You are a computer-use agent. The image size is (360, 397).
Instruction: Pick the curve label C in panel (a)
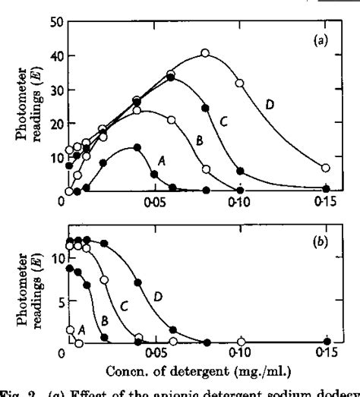[x=225, y=118]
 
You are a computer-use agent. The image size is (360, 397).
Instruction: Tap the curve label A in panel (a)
[x=161, y=161]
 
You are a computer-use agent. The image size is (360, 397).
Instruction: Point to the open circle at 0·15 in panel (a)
[x=326, y=168]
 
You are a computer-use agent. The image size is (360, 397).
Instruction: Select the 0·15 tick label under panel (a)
[x=326, y=204]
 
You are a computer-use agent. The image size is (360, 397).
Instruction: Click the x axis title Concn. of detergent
[x=183, y=370]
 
